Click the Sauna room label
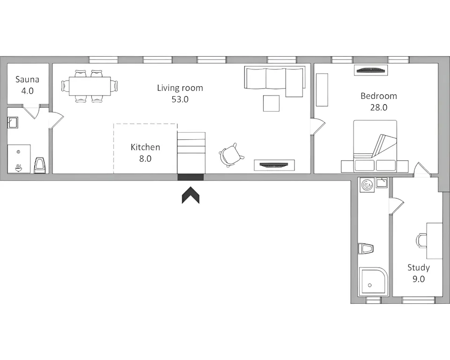(27, 79)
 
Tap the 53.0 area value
(180, 99)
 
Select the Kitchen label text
(145, 147)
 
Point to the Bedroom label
(379, 96)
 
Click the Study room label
(419, 268)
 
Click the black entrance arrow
(191, 195)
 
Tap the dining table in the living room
(90, 86)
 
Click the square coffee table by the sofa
(271, 104)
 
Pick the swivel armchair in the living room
(230, 155)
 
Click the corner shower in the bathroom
(373, 282)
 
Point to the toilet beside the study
(365, 248)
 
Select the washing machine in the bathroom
(367, 185)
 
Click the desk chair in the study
(421, 240)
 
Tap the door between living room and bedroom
(318, 126)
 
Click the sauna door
(31, 112)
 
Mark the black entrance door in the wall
(191, 177)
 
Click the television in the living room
(274, 165)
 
